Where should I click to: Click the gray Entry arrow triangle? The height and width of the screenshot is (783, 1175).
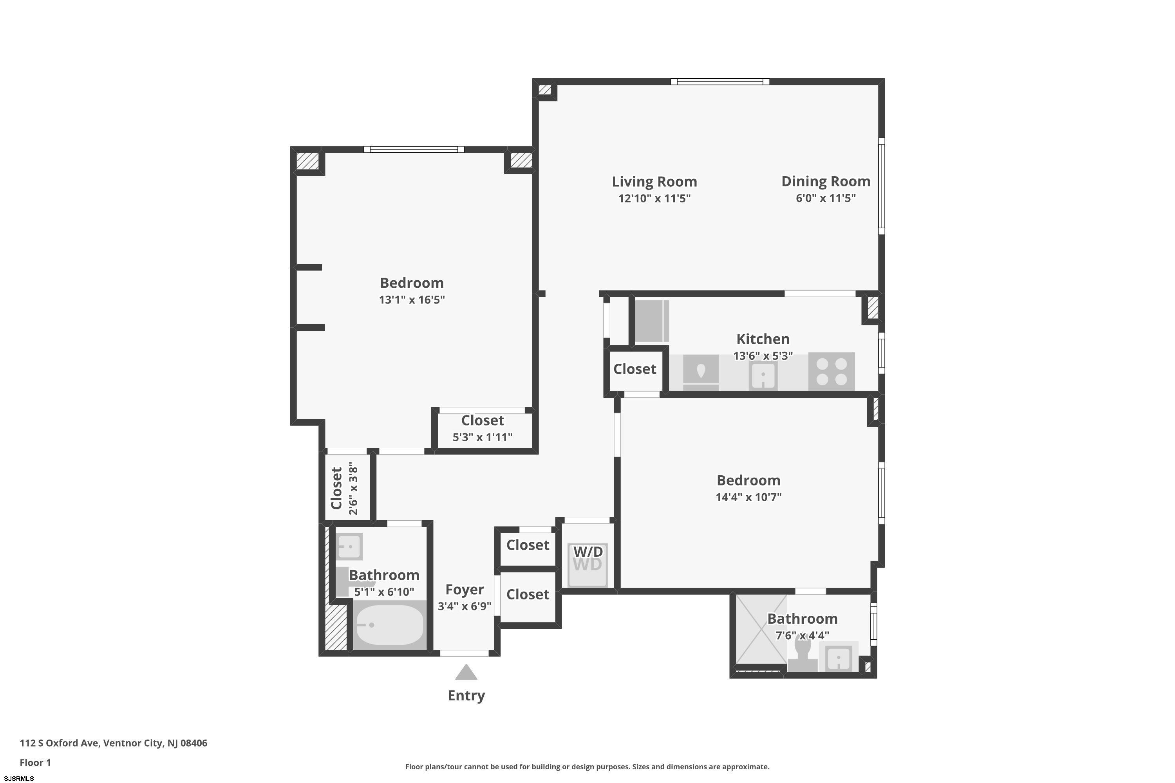pyautogui.click(x=466, y=672)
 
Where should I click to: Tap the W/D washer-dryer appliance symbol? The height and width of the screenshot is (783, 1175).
pyautogui.click(x=587, y=565)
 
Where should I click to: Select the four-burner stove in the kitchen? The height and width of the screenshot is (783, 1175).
pyautogui.click(x=831, y=372)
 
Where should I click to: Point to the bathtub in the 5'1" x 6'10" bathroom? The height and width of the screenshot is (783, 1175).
pyautogui.click(x=389, y=625)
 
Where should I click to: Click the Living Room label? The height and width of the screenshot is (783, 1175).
pyautogui.click(x=654, y=181)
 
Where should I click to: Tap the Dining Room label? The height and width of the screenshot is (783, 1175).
pyautogui.click(x=826, y=181)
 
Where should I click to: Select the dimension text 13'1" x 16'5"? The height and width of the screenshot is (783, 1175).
pyautogui.click(x=412, y=299)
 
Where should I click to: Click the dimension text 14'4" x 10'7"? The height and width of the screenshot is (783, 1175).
pyautogui.click(x=748, y=497)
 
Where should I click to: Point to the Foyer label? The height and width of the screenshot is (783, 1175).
pyautogui.click(x=465, y=590)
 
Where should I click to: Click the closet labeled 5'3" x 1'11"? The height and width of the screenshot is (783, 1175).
pyautogui.click(x=483, y=429)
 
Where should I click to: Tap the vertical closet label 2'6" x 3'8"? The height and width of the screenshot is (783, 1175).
pyautogui.click(x=353, y=488)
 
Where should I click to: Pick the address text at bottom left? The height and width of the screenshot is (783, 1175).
pyautogui.click(x=114, y=743)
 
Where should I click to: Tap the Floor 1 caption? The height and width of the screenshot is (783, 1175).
pyautogui.click(x=35, y=763)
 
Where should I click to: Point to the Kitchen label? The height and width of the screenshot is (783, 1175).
pyautogui.click(x=763, y=339)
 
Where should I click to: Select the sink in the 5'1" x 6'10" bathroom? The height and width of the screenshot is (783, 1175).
pyautogui.click(x=349, y=546)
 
